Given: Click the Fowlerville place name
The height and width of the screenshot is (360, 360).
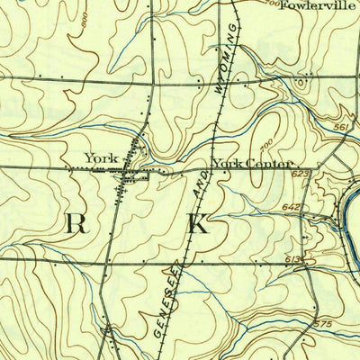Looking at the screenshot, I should pos(312,6).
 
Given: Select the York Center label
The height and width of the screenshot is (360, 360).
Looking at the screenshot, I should pos(252,164).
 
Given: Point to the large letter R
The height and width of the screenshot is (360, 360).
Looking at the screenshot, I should pos(76,225).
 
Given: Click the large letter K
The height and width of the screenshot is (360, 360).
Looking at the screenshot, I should pos(197,225).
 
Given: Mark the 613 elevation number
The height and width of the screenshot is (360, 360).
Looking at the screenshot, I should pos(292,258).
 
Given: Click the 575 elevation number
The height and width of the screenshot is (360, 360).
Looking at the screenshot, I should pos(324,322).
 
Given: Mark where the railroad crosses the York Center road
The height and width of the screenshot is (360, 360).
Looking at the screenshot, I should pos(208,168).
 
